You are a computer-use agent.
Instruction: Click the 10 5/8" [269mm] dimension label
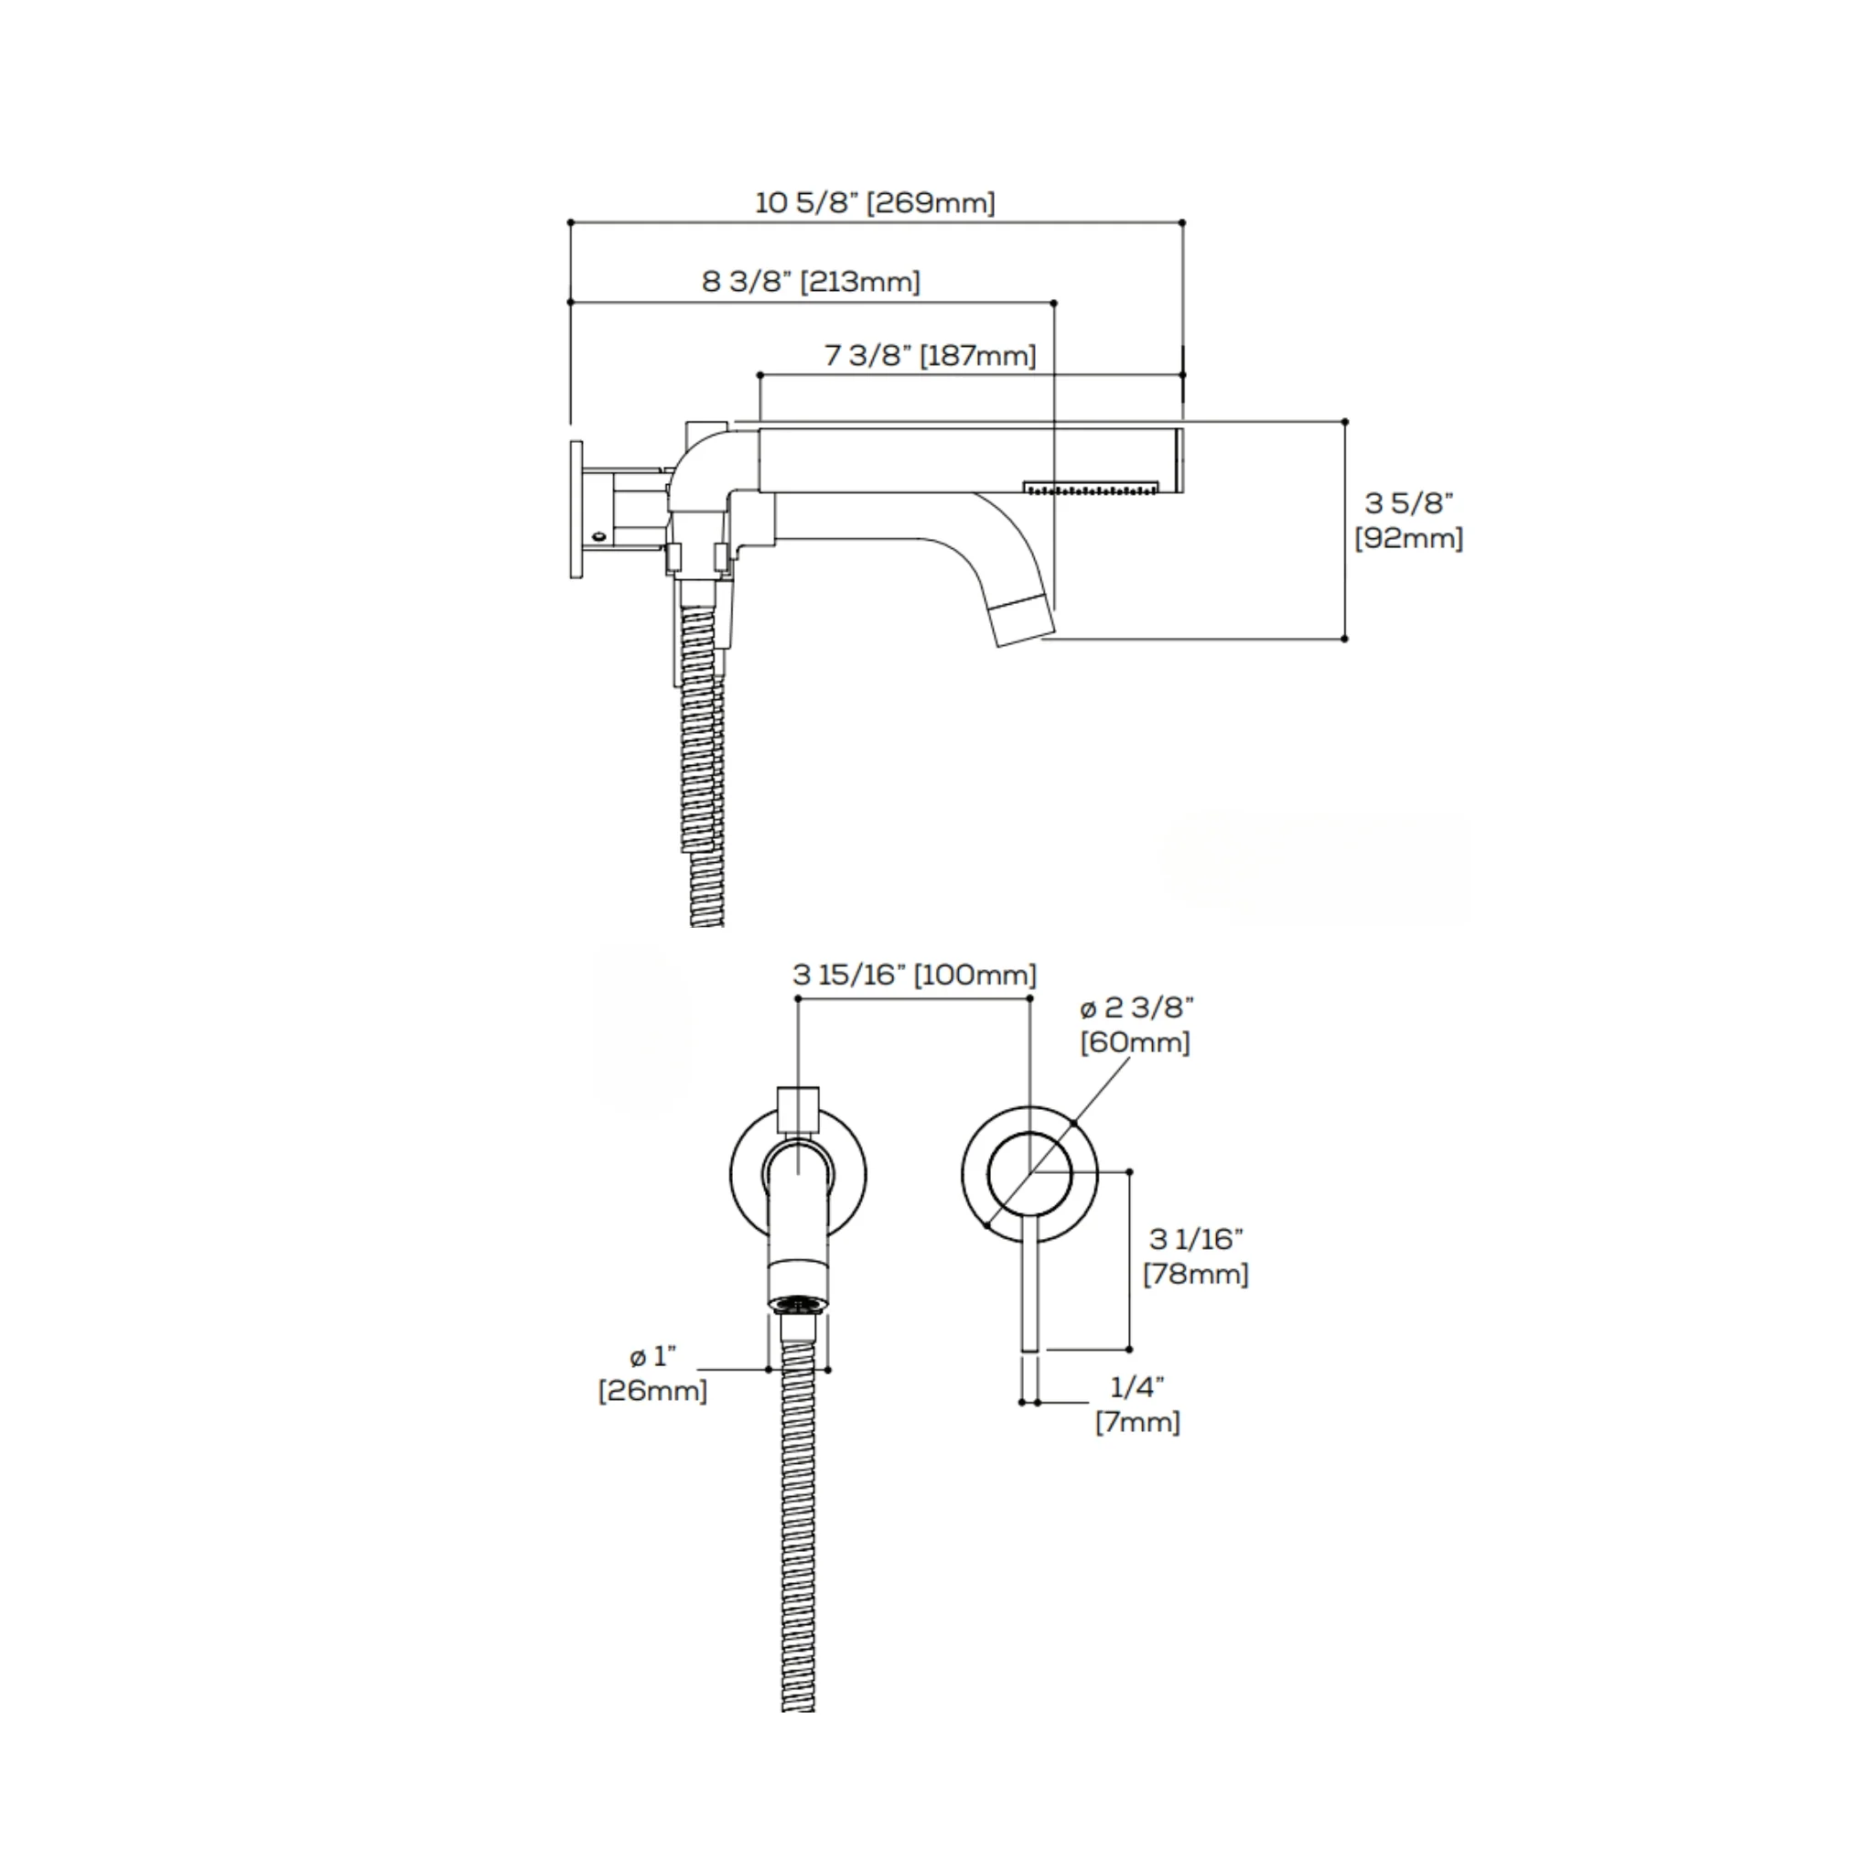pyautogui.click(x=875, y=203)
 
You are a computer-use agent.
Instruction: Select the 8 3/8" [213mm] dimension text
pyautogui.click(x=811, y=282)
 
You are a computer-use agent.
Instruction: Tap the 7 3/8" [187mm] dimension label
pyautogui.click(x=931, y=356)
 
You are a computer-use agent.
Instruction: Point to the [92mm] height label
pyautogui.click(x=1408, y=538)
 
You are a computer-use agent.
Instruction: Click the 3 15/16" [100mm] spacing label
pyautogui.click(x=914, y=975)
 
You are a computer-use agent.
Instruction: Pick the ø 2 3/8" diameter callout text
pyautogui.click(x=1136, y=1007)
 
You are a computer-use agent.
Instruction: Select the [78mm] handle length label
pyautogui.click(x=1196, y=1274)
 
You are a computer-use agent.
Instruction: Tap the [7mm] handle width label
pyautogui.click(x=1137, y=1423)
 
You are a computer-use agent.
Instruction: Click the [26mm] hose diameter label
pyautogui.click(x=652, y=1391)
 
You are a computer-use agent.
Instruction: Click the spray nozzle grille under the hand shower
pyautogui.click(x=1093, y=487)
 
